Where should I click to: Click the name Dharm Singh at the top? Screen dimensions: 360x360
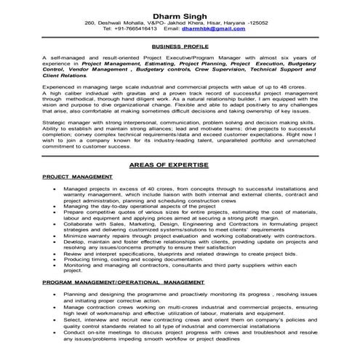(180, 15)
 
